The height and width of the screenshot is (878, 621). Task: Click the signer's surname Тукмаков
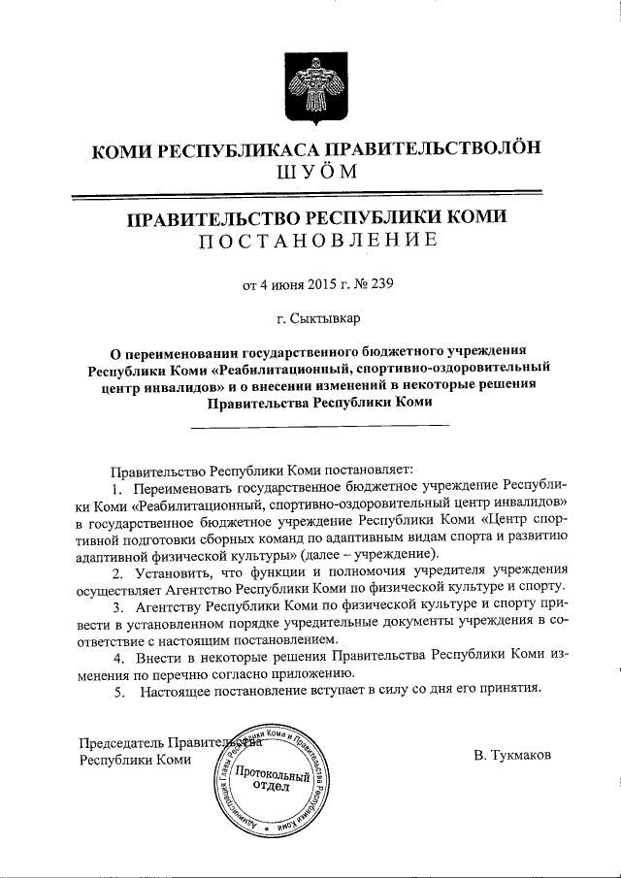point(513,754)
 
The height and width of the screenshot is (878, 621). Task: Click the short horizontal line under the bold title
point(319,424)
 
